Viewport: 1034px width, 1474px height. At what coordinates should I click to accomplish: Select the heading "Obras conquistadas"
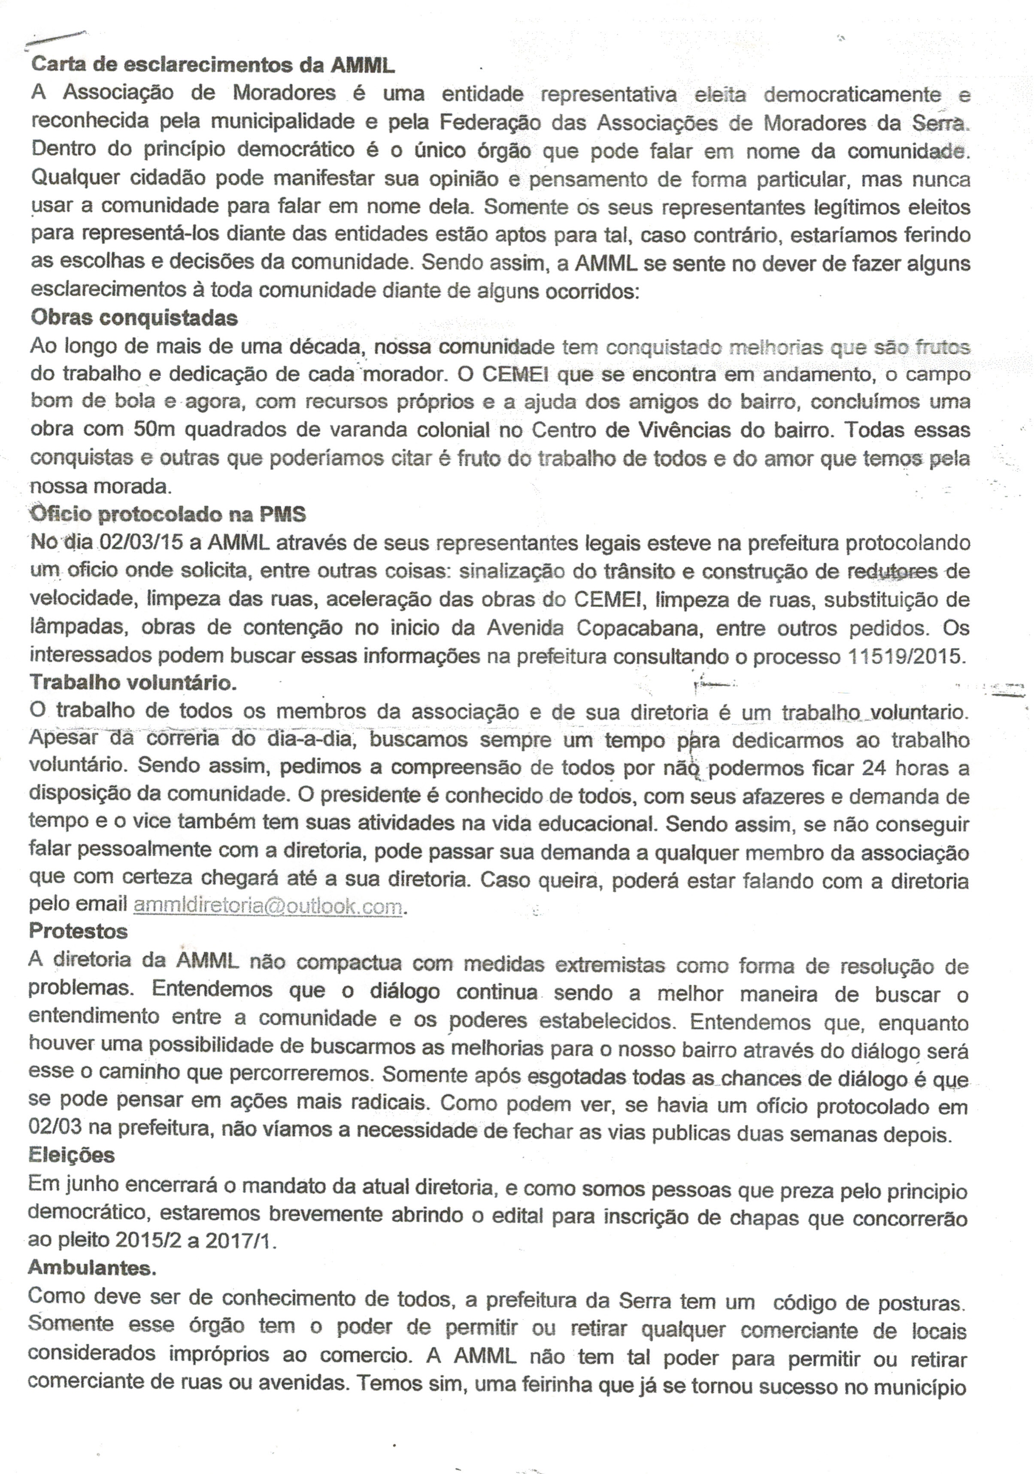click(134, 318)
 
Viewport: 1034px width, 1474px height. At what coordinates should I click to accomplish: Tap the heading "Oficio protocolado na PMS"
click(168, 514)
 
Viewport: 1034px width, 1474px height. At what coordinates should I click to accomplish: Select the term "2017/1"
click(240, 1241)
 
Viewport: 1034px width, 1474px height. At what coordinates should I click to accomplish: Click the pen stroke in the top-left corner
click(54, 40)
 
